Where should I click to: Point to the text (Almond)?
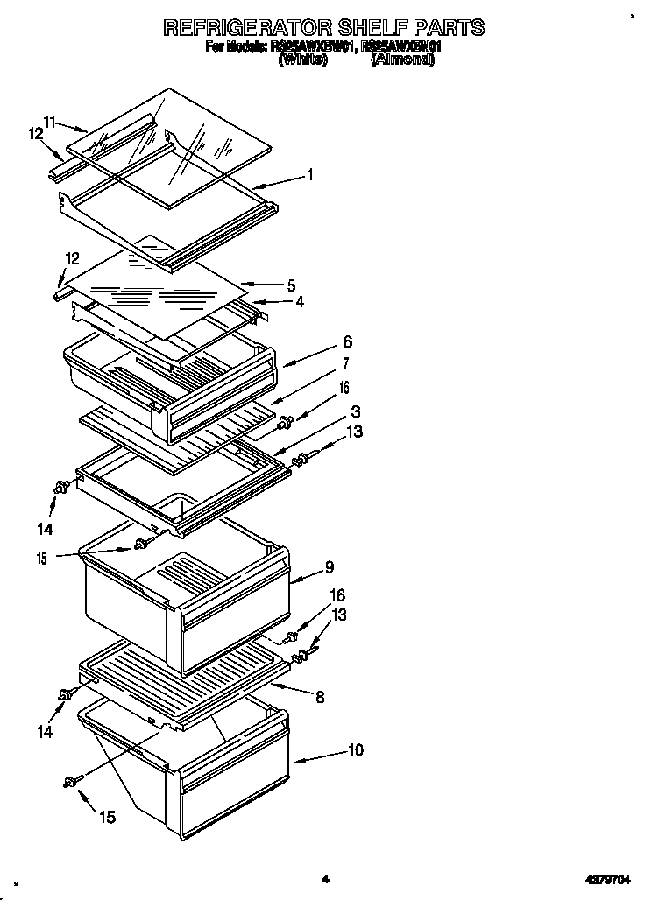[x=402, y=60]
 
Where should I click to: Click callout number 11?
[x=51, y=123]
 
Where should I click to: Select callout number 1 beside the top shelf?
[x=310, y=175]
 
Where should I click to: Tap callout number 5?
[x=292, y=285]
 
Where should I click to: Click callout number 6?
[x=323, y=343]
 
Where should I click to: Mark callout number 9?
[x=329, y=566]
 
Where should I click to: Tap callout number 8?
[x=320, y=697]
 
